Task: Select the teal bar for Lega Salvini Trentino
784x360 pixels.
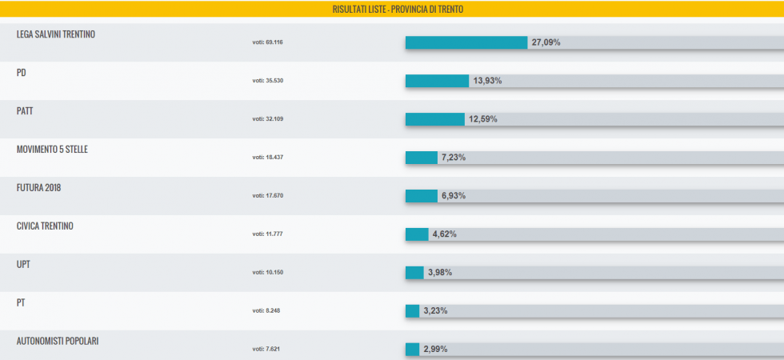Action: click(x=466, y=42)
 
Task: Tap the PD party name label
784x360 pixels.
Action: click(x=22, y=73)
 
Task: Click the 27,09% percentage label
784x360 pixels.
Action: click(x=544, y=42)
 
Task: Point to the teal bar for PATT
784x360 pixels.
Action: click(x=434, y=119)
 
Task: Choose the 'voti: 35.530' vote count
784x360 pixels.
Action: click(x=268, y=80)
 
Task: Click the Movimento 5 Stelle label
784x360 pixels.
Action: click(x=57, y=150)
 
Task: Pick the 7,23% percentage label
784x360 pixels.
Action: click(x=453, y=158)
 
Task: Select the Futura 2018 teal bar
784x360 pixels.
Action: click(x=421, y=196)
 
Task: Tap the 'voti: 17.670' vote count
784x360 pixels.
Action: click(x=268, y=195)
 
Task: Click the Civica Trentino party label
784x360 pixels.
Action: click(x=45, y=226)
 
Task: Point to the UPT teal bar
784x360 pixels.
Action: click(x=414, y=273)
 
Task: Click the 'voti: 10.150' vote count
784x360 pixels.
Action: click(x=268, y=272)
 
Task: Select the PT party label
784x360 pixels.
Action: click(x=21, y=303)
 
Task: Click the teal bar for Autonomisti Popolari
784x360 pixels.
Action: click(x=412, y=350)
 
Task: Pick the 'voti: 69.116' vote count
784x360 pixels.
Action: click(x=268, y=42)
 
